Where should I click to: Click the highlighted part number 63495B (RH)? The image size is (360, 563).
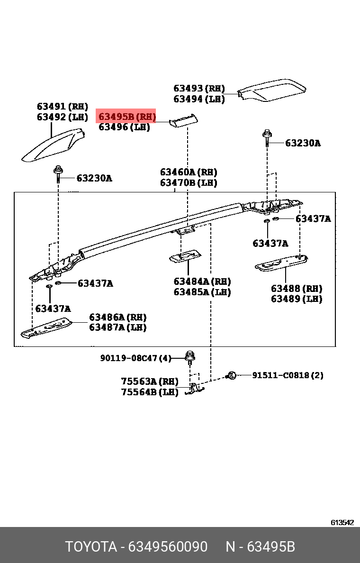tap(126, 116)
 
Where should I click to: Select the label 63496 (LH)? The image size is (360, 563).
tap(124, 127)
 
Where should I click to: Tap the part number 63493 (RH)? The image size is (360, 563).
tap(199, 88)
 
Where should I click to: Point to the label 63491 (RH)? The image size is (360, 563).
tap(63, 107)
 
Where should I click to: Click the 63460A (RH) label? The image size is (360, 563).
tap(189, 172)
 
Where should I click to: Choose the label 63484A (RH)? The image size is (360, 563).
tap(202, 281)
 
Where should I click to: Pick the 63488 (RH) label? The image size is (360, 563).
tap(297, 289)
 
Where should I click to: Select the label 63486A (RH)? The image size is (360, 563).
tap(118, 317)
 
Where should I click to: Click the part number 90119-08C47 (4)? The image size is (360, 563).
tap(135, 358)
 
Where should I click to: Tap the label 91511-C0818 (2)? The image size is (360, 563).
tap(288, 375)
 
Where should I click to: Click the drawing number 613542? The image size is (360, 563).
tap(342, 522)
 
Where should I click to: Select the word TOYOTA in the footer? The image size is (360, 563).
tap(91, 547)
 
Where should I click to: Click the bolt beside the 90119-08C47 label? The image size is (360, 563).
tap(190, 358)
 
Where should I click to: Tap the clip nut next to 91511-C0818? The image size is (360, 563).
tap(232, 375)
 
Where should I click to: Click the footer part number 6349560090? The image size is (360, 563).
tap(168, 547)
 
